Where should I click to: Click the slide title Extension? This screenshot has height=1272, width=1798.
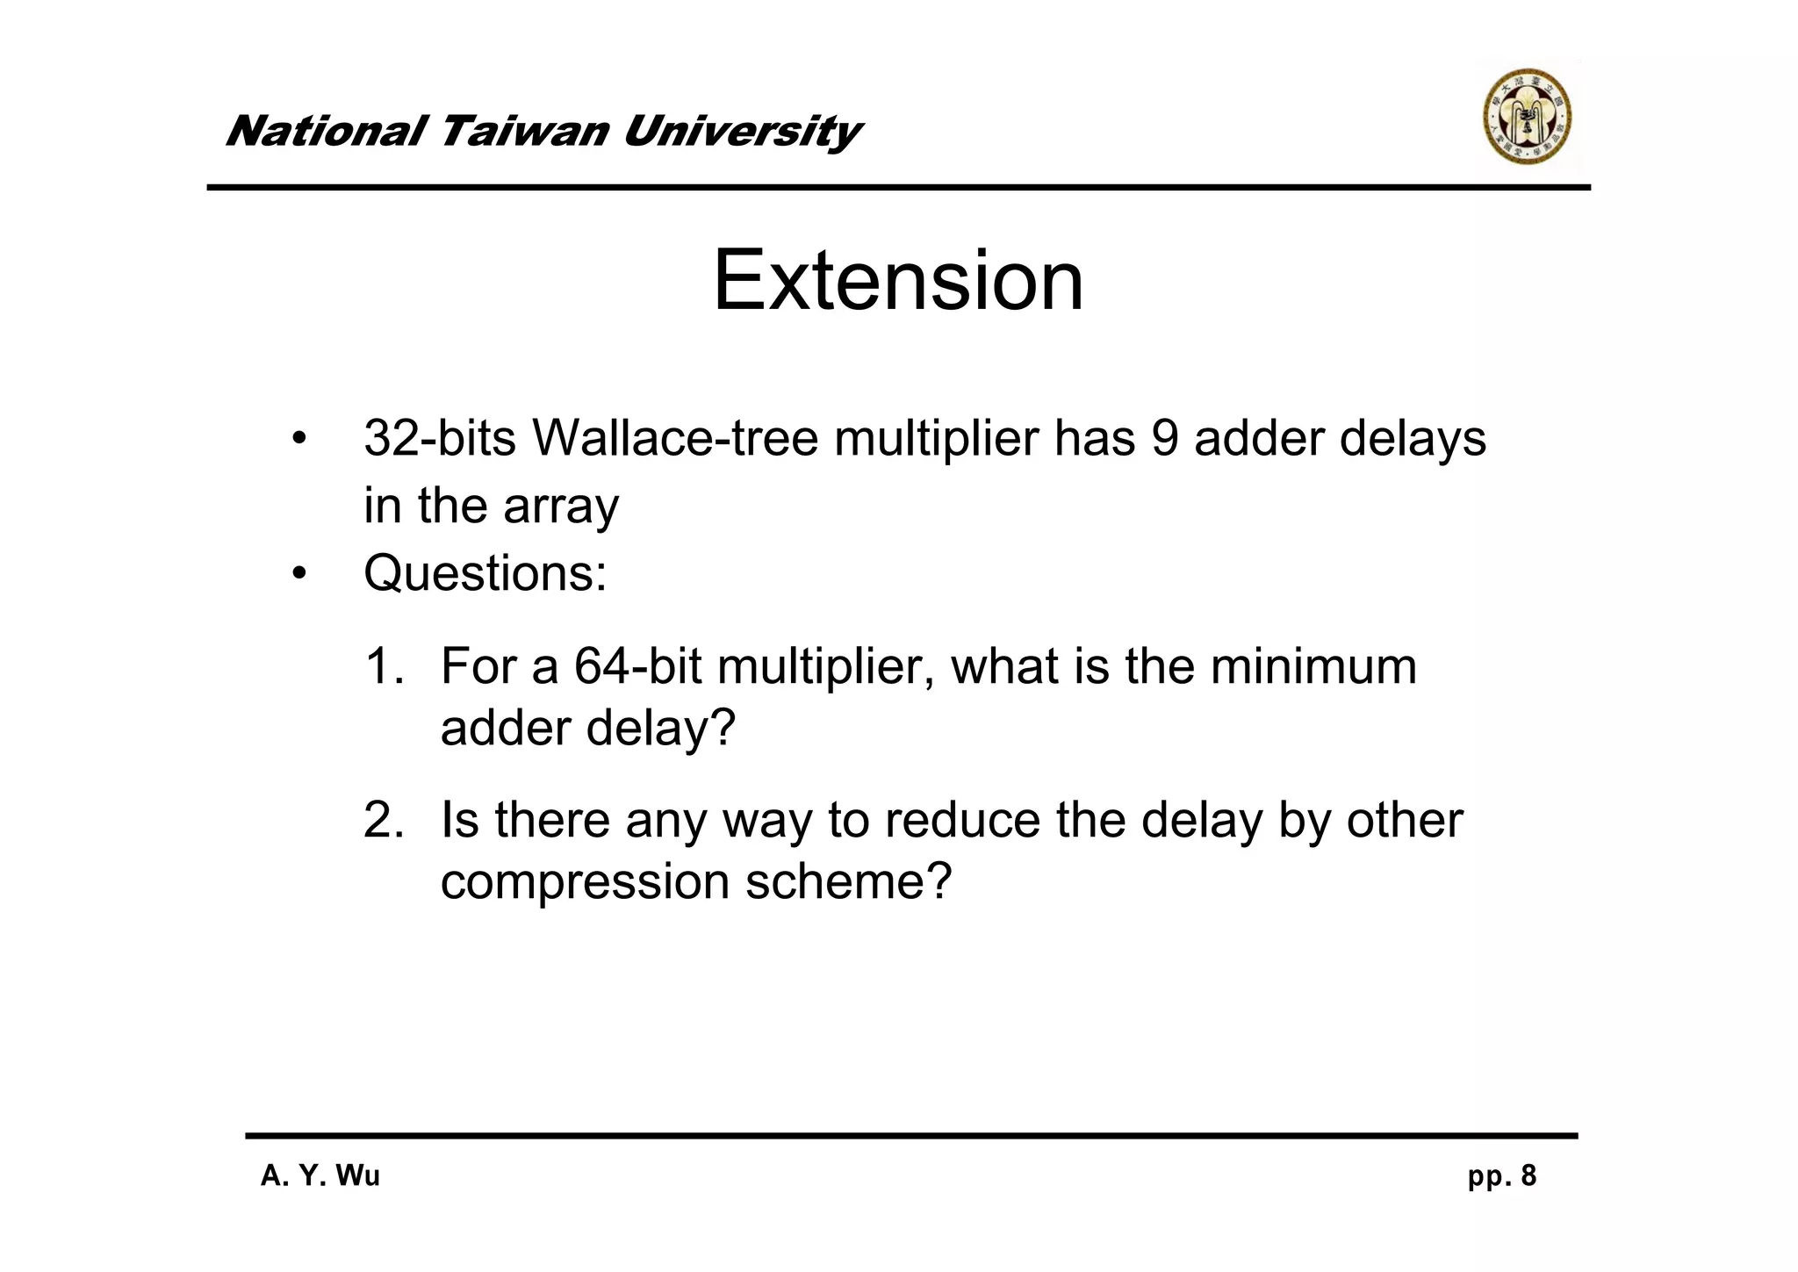898,281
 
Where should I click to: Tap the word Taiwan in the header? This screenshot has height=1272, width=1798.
523,132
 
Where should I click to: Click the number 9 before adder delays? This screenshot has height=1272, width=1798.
1164,437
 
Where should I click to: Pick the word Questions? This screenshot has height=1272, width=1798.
485,573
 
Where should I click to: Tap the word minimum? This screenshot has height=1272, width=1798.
1313,665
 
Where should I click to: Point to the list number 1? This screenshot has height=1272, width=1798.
384,665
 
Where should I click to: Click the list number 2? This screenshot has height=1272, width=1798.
384,819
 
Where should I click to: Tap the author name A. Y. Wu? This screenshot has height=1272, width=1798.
320,1175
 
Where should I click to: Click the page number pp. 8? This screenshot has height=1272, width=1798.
1501,1175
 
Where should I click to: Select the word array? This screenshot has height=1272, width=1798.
561,507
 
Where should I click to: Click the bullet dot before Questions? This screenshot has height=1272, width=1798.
300,574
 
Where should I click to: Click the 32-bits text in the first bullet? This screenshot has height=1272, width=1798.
440,437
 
